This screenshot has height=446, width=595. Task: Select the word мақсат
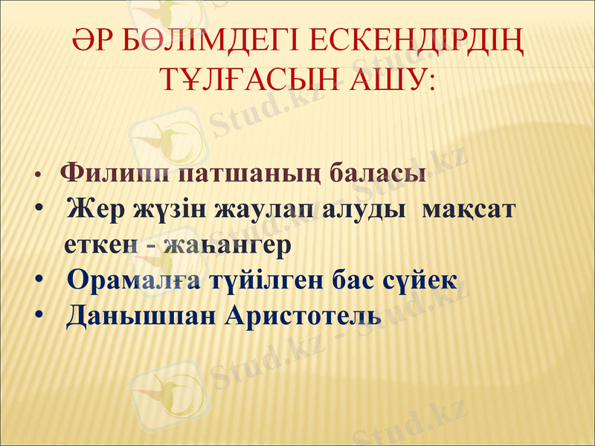(468, 210)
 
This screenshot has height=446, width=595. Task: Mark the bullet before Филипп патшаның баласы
(36, 176)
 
